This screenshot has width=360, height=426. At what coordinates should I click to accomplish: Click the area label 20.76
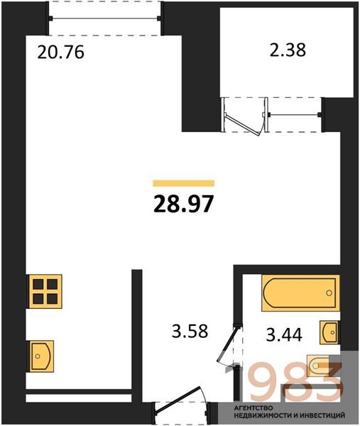pos(60,52)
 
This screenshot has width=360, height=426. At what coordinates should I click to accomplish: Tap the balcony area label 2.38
pos(288,50)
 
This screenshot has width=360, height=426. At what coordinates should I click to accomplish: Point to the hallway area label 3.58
pos(190,331)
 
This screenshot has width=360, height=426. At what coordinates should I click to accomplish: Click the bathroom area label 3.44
pos(284,334)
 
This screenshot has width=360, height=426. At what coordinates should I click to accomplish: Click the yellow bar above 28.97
pos(184,183)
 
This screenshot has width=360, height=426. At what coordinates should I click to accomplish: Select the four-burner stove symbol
pos(45,292)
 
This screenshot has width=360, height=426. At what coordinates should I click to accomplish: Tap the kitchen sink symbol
pos(42,356)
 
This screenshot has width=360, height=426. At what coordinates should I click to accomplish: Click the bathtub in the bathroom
pos(300,293)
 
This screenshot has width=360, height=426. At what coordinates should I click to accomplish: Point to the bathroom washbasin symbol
pos(329,332)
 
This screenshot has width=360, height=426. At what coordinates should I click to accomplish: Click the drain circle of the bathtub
pos(329,293)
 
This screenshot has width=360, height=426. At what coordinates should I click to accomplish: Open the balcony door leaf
pos(243,125)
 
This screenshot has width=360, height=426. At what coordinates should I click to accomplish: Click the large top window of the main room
pos(105,18)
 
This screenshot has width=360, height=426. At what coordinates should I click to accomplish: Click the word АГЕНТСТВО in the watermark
pos(253,408)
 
